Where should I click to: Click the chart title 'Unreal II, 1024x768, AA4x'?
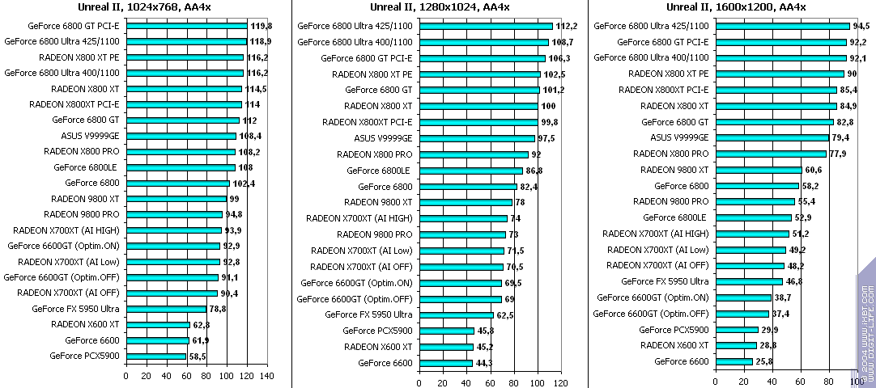144,7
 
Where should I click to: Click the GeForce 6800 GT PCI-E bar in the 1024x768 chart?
186,25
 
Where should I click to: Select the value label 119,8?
261,25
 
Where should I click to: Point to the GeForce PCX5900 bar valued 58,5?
156,356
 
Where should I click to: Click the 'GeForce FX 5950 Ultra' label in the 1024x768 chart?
75,309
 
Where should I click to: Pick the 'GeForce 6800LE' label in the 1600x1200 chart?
674,217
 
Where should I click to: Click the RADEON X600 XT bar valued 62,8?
158,324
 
